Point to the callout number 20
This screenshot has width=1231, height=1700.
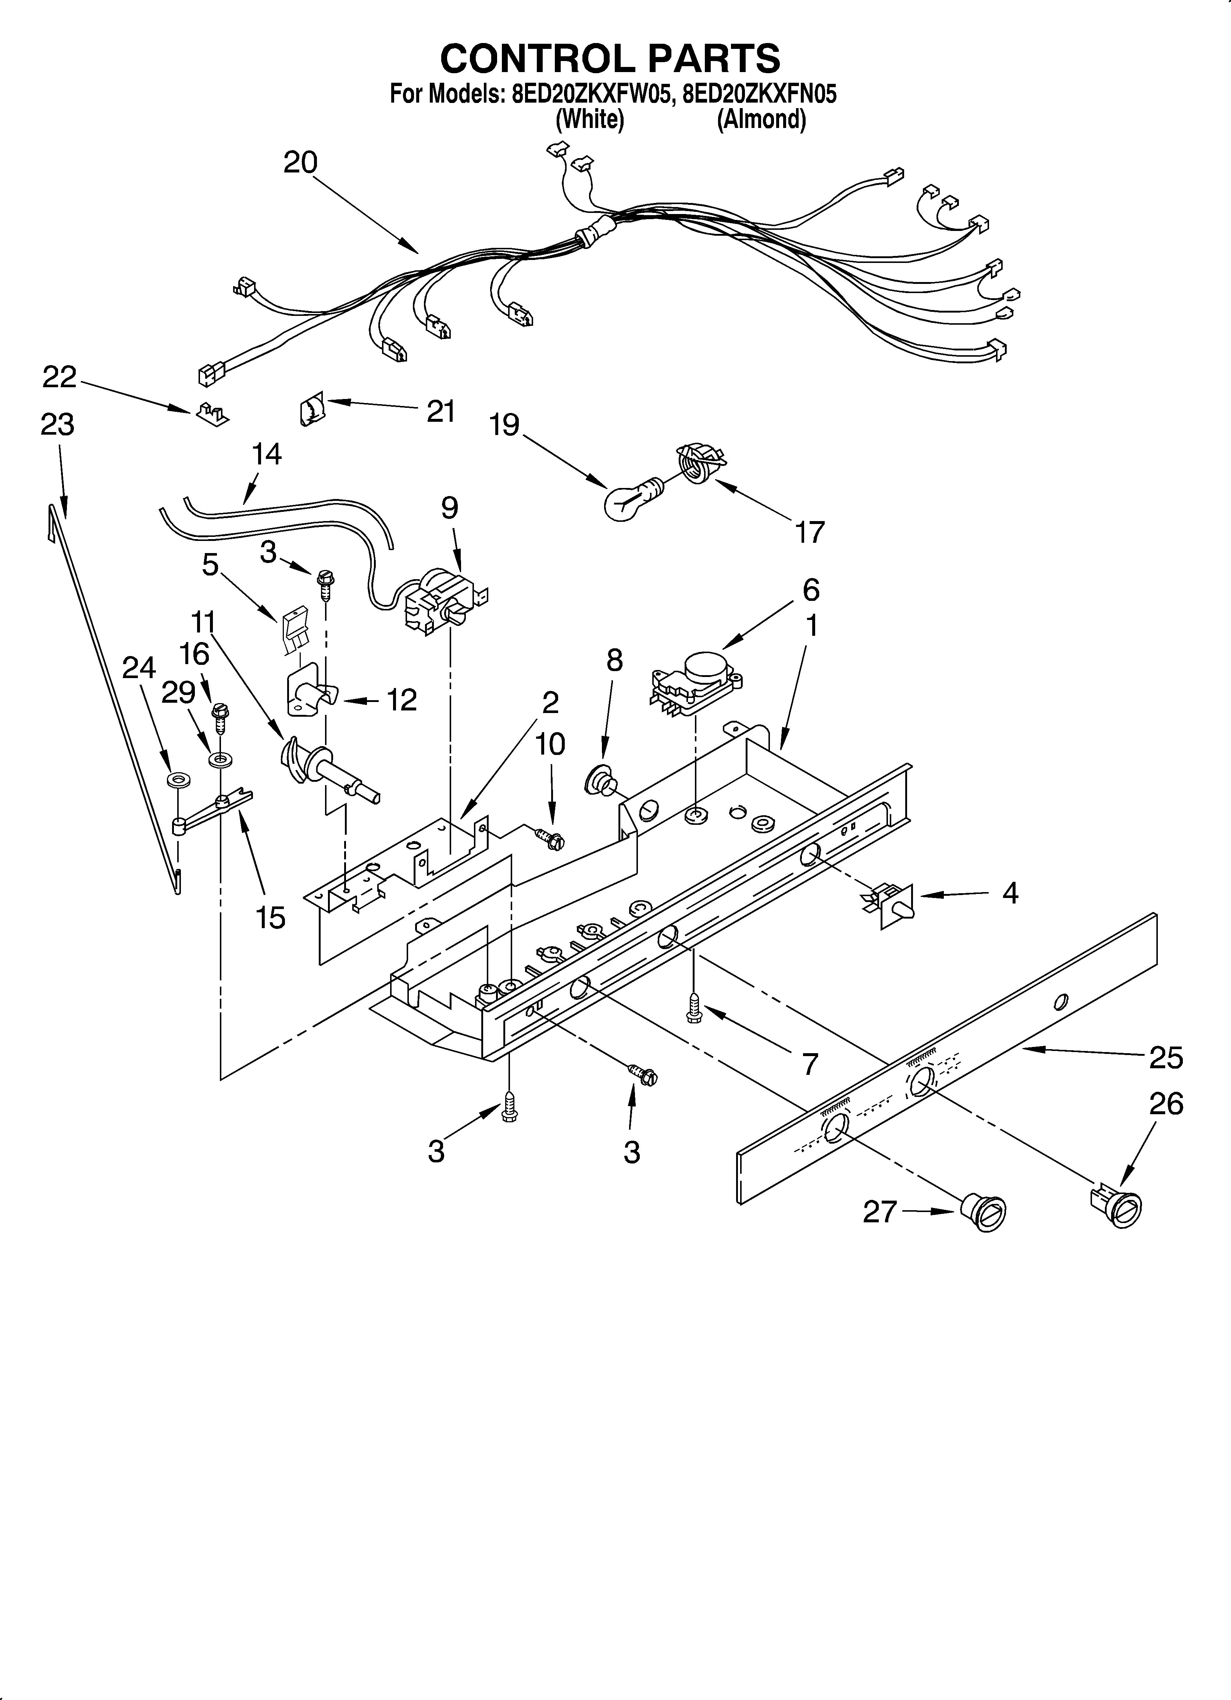300,163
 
